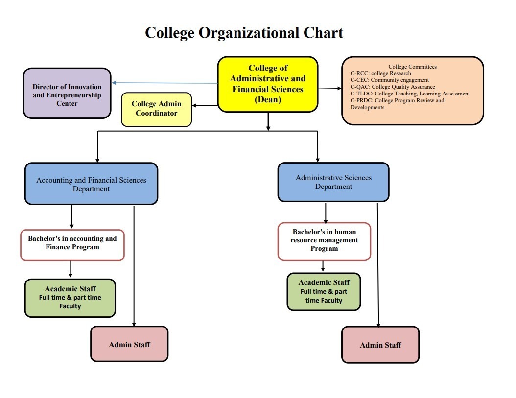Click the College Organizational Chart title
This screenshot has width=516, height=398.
[244, 33]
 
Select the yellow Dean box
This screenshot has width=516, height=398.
[268, 84]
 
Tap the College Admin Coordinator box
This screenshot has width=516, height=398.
[156, 109]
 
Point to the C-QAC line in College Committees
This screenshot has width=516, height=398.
[393, 87]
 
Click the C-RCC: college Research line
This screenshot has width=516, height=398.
[381, 73]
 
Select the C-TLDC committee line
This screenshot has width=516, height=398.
[410, 94]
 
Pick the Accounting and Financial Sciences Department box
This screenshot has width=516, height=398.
[91, 184]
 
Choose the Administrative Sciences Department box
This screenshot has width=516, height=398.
[333, 182]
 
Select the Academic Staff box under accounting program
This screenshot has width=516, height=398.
[70, 298]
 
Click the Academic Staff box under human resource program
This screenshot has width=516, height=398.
[324, 291]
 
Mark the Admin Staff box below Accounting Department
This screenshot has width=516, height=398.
[129, 344]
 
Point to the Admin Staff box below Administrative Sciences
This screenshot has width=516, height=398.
[380, 345]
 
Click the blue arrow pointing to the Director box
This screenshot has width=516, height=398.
[164, 83]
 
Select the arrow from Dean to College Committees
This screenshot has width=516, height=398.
[329, 88]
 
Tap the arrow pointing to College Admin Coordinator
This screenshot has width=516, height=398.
[205, 105]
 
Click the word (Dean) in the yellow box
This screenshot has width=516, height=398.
[268, 99]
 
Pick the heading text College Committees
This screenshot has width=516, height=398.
[412, 67]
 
